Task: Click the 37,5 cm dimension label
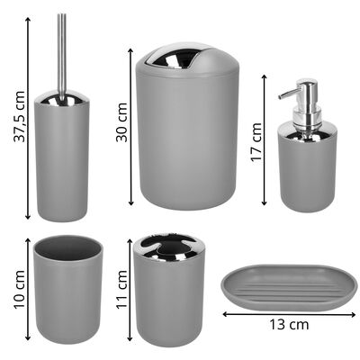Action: click(x=19, y=116)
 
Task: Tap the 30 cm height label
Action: click(x=122, y=122)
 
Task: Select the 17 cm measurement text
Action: click(x=256, y=142)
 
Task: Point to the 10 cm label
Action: click(x=20, y=289)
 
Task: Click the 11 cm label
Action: click(x=122, y=289)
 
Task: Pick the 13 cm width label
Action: click(x=289, y=324)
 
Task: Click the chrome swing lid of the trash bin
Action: click(x=169, y=58)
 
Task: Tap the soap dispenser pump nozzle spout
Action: click(x=287, y=93)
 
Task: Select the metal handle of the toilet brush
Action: click(x=63, y=57)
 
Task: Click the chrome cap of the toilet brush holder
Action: click(x=62, y=99)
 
